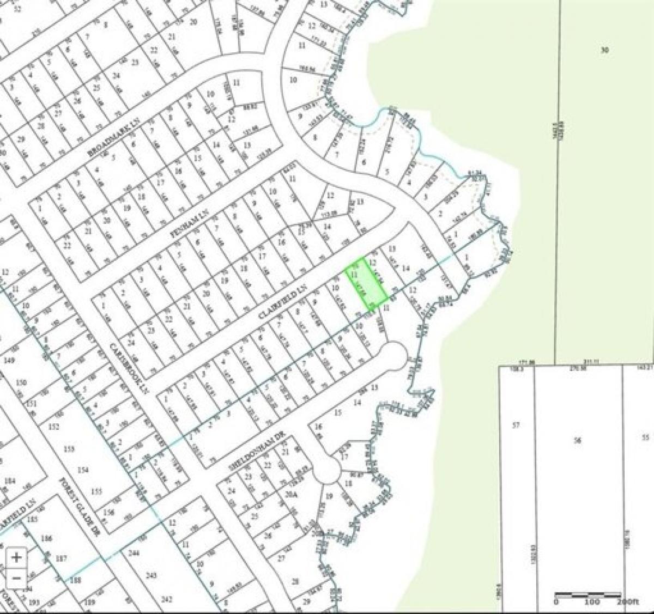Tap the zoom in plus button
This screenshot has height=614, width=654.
(x=17, y=557)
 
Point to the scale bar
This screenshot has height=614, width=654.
(x=588, y=595)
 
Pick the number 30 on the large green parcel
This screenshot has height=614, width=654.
(x=604, y=50)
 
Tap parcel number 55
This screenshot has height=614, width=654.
(x=646, y=437)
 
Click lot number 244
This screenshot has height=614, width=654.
(x=134, y=554)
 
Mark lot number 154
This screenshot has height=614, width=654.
(x=83, y=470)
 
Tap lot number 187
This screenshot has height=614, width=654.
(x=60, y=560)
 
